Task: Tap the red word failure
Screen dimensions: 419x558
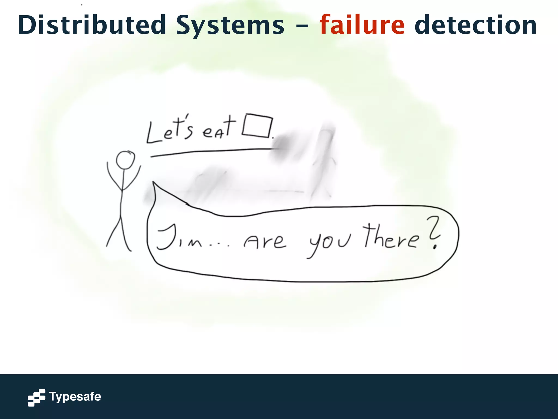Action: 362,25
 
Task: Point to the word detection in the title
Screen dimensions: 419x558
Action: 475,25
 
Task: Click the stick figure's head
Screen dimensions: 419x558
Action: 125,160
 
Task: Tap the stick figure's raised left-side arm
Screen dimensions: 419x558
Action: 112,176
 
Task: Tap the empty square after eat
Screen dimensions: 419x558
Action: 257,126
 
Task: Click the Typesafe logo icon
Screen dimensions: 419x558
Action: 37,397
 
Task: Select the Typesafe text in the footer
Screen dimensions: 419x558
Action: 75,397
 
